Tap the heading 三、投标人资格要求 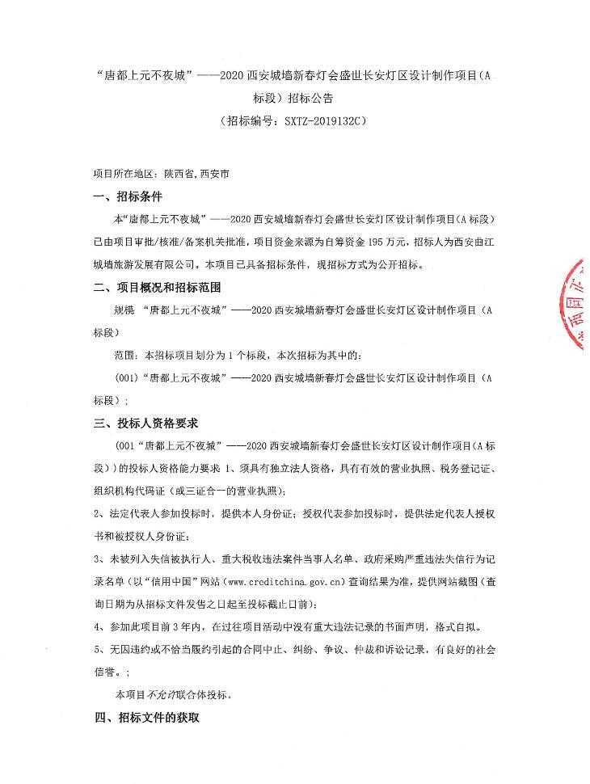145,423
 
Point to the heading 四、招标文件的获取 145,717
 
